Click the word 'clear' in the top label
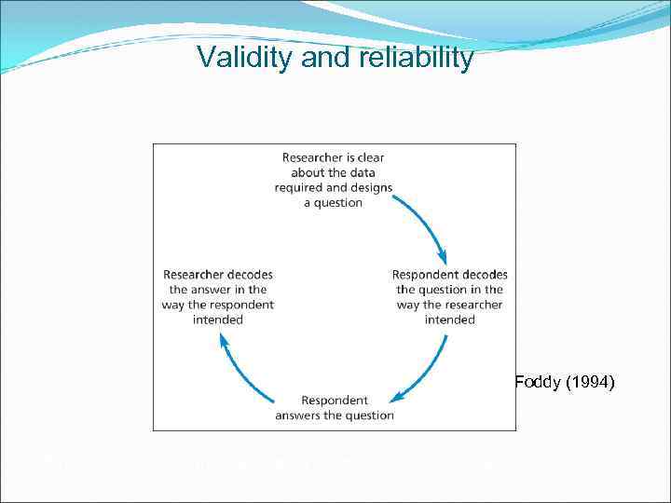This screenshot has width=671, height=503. point(369,157)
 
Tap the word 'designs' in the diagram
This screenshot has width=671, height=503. point(371,187)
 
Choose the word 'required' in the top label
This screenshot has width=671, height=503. point(297,187)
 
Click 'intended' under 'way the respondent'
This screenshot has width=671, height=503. point(218,319)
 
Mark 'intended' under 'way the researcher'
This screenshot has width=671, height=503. point(449,319)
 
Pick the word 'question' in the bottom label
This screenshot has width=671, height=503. point(369,415)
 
